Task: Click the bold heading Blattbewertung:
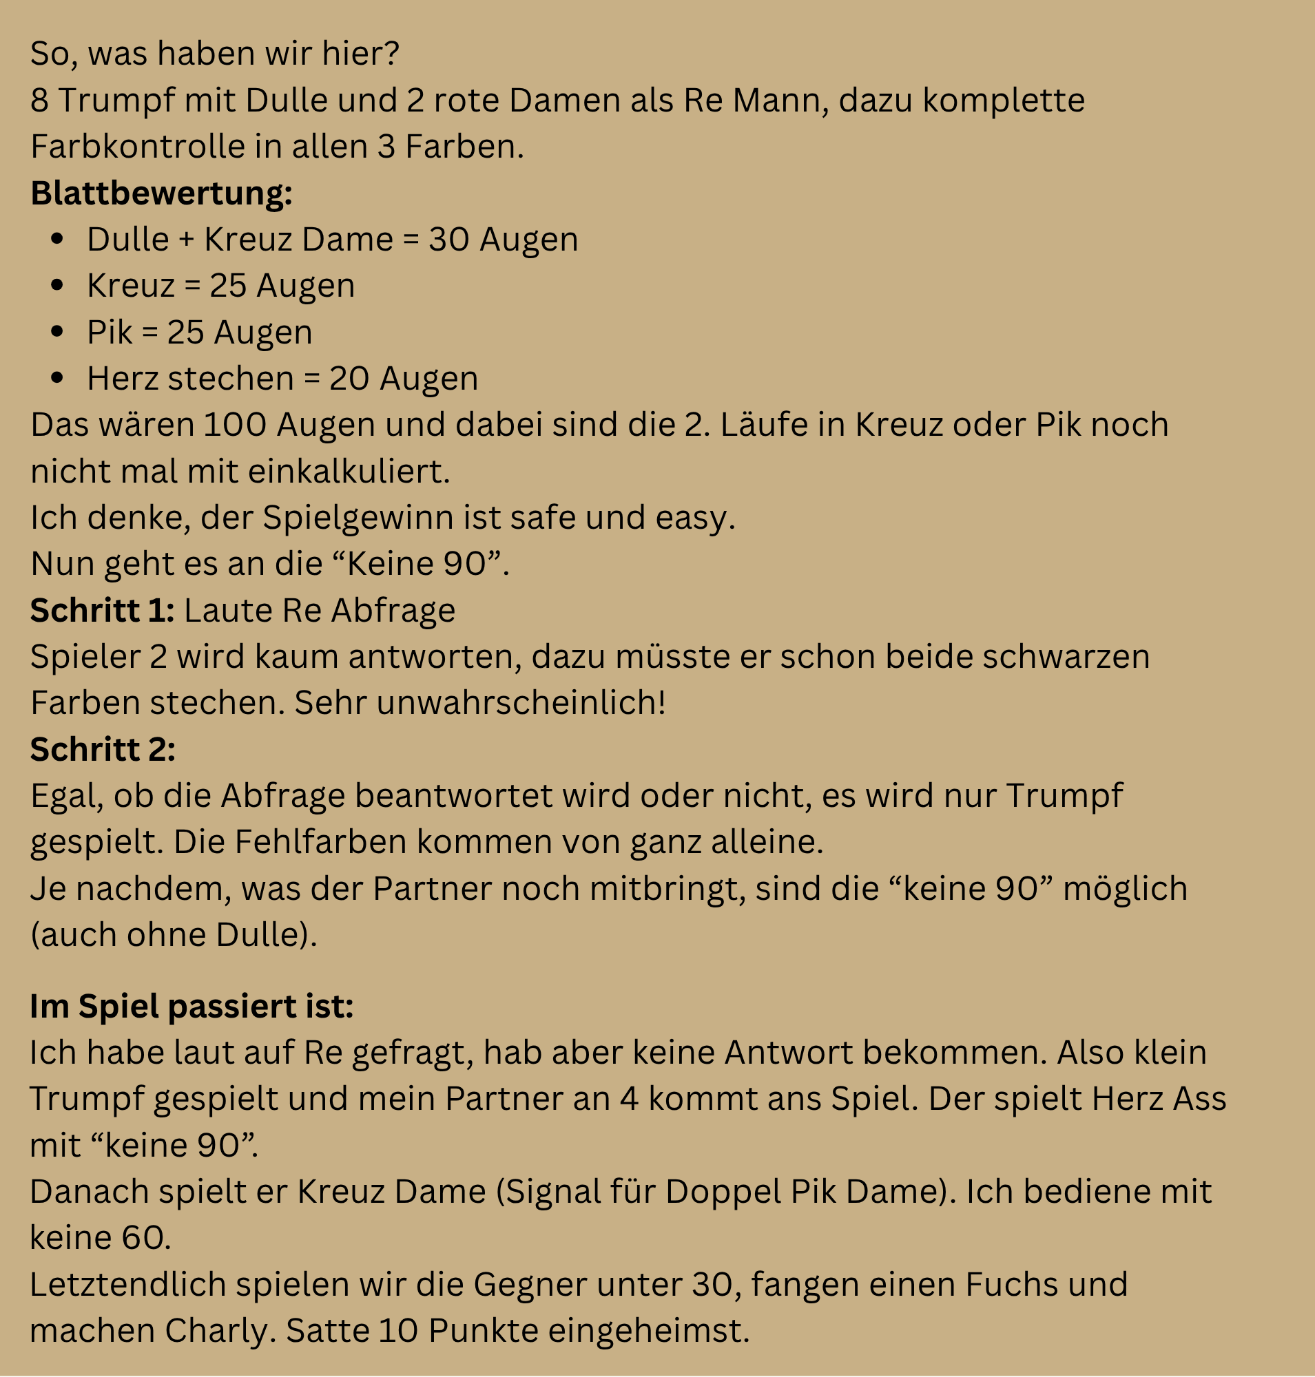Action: [161, 193]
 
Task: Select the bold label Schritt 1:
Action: [103, 611]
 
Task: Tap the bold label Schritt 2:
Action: [103, 749]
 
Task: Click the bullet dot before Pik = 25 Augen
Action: [57, 331]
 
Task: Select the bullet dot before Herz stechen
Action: [57, 378]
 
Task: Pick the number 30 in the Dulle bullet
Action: [448, 240]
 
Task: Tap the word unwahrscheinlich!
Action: [521, 703]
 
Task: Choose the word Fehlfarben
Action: [320, 841]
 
